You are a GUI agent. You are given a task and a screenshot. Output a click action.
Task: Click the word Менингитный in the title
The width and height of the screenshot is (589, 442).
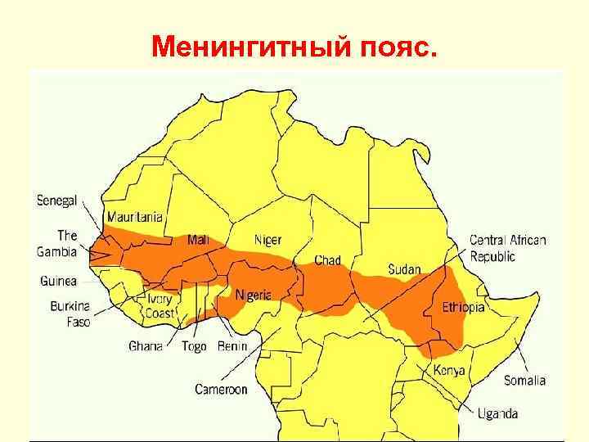(x=250, y=47)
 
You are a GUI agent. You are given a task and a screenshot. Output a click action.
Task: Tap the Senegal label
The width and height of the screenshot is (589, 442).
(x=56, y=200)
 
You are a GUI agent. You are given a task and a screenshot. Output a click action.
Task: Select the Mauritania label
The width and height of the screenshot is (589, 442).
(x=134, y=219)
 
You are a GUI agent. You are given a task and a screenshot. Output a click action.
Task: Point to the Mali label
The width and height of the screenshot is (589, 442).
(x=198, y=240)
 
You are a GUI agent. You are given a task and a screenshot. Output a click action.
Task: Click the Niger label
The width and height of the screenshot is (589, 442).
(x=268, y=240)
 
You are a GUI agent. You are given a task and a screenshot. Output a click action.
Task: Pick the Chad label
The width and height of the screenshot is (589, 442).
(x=328, y=260)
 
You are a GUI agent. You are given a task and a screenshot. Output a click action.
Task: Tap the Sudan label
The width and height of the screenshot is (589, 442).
(x=404, y=269)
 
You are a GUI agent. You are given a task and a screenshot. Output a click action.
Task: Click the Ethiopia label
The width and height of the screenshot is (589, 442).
(x=463, y=308)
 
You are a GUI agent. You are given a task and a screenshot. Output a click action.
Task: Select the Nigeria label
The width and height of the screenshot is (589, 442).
(x=253, y=295)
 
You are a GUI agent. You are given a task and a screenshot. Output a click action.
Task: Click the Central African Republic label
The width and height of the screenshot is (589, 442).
(x=507, y=248)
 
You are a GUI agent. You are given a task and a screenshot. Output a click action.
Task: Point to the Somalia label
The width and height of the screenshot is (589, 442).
(x=524, y=381)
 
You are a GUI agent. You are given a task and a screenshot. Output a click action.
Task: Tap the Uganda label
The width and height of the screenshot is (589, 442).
(x=497, y=413)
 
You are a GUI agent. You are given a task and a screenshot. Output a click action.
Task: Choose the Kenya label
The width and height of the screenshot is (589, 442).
(x=449, y=371)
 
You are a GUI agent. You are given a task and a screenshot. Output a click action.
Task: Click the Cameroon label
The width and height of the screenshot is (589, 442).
(x=221, y=390)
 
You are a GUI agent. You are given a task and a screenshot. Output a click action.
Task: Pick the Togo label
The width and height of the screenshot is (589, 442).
(x=194, y=346)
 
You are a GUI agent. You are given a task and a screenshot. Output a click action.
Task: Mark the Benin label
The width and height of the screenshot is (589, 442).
(x=232, y=346)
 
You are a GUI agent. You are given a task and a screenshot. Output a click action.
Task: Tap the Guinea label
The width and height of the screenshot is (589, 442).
(x=58, y=281)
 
